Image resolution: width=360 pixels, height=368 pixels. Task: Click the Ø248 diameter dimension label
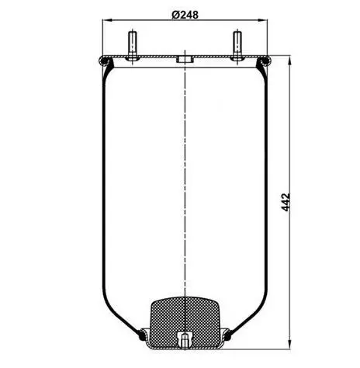(x=185, y=15)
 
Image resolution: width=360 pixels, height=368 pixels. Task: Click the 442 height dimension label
(x=286, y=202)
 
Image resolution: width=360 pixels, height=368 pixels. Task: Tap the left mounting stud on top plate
(x=133, y=46)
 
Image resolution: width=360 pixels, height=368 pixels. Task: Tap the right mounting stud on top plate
(x=237, y=46)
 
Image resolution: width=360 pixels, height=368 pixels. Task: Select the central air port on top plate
(x=185, y=59)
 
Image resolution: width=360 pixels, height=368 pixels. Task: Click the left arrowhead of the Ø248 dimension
(x=107, y=20)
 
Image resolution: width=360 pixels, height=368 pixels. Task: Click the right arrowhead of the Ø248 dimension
(x=263, y=20)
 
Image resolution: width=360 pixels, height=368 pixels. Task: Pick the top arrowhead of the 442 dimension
(x=289, y=60)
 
